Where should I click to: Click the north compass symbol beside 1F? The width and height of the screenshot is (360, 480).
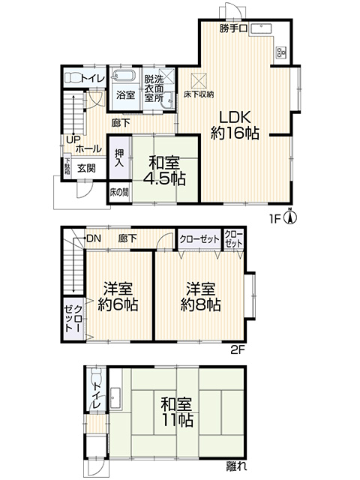coord(291,216)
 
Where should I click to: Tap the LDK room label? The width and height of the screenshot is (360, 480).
coord(235,125)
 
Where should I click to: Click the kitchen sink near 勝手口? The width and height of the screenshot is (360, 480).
coord(261,28)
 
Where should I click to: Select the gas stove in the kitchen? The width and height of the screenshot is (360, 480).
coord(281,52)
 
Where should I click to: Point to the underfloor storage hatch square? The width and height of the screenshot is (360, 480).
coord(199,80)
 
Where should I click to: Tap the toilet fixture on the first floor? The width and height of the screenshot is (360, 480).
coord(73,78)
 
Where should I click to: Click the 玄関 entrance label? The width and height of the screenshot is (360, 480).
coord(86,168)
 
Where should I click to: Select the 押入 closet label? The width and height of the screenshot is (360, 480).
coord(118,157)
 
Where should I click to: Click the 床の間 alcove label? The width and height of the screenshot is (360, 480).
coord(119,192)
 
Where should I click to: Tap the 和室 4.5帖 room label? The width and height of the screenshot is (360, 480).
coord(164,171)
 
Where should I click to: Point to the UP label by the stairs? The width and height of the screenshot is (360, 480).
coord(73,139)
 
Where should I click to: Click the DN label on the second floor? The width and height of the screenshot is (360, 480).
coord(93,238)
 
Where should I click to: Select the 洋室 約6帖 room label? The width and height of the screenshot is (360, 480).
coord(118,297)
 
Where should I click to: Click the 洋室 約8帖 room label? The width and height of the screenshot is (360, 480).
coord(200,297)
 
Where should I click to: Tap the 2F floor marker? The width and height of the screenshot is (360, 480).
coord(238,349)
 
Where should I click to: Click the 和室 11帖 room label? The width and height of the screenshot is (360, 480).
coord(177,412)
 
